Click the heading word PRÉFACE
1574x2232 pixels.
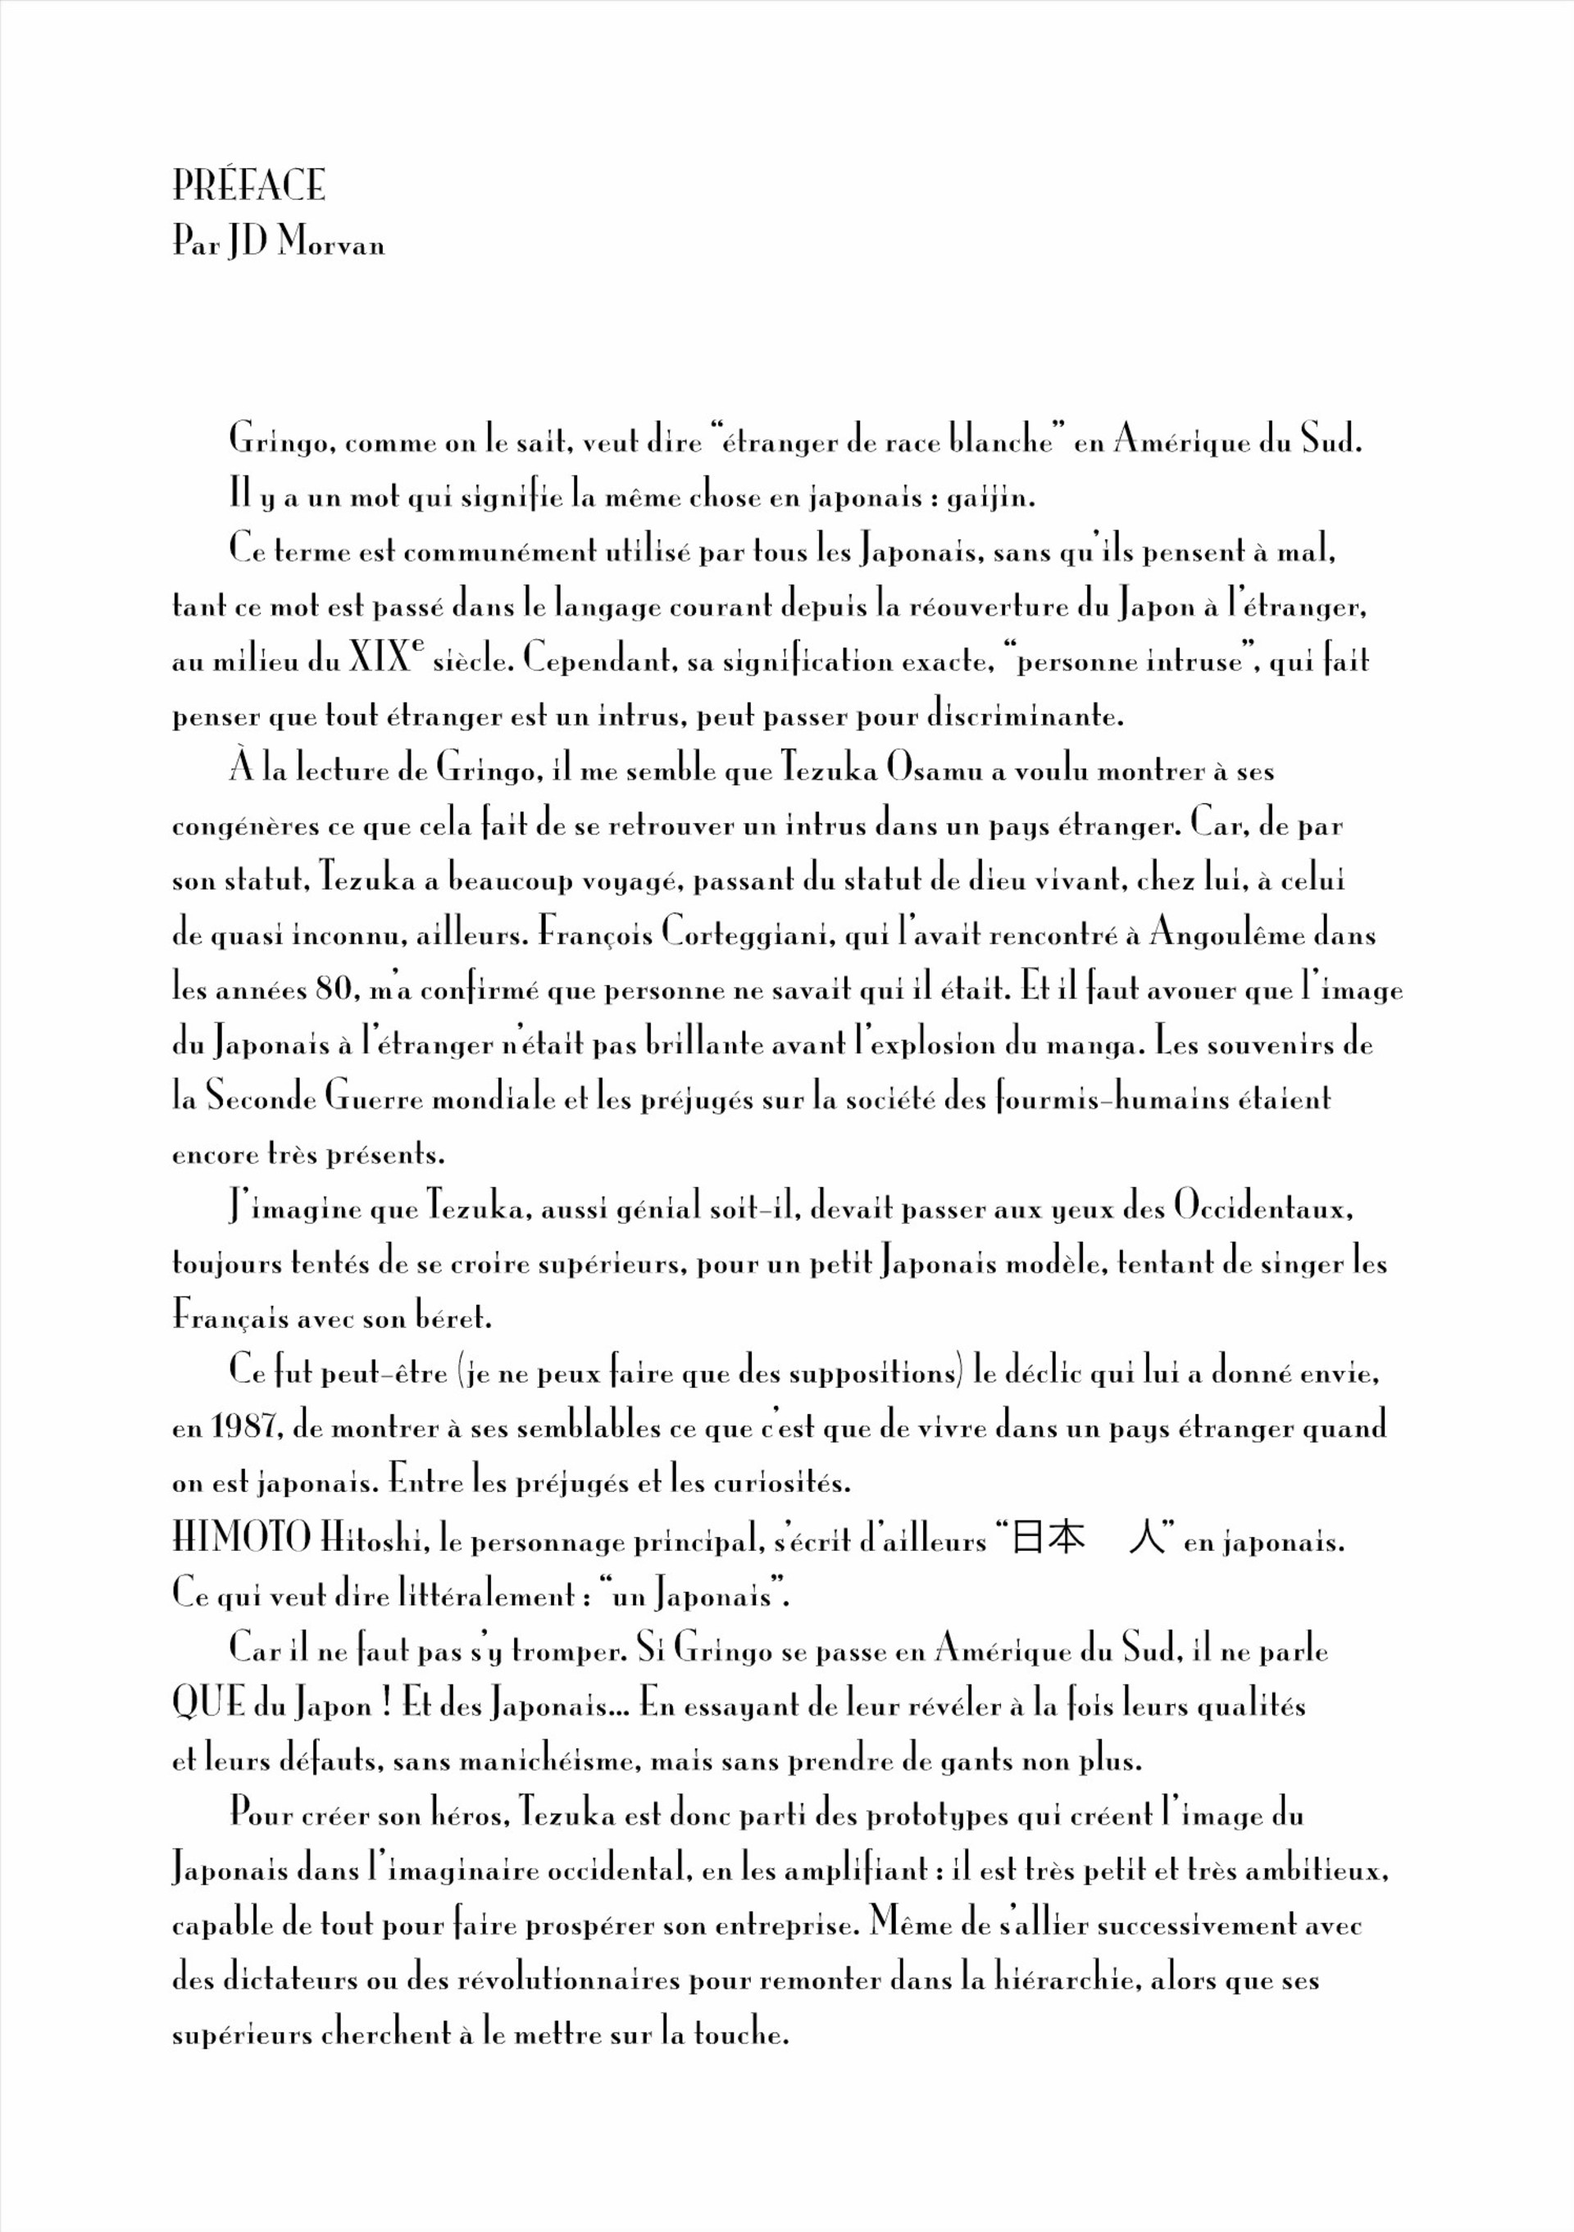(249, 186)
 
